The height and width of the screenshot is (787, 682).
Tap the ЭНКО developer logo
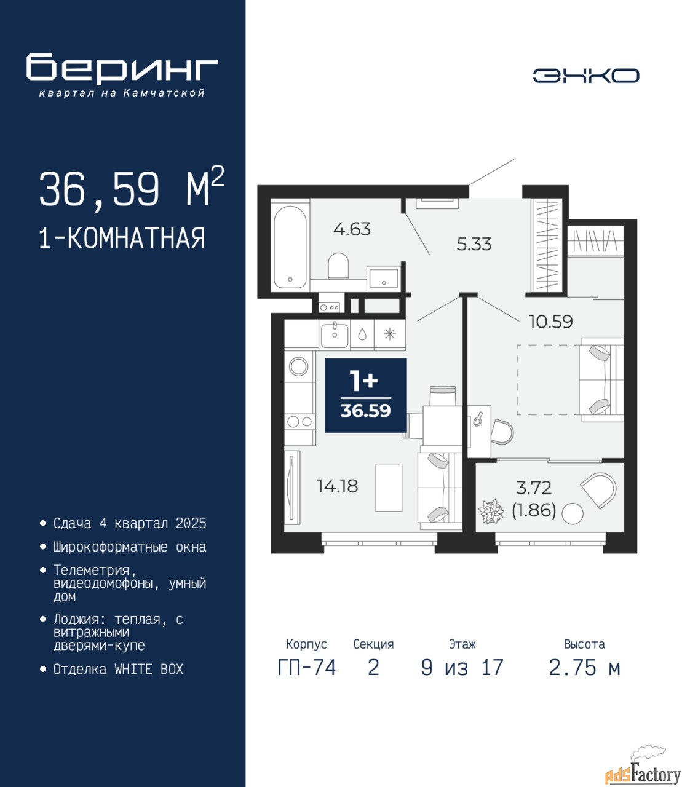pos(585,76)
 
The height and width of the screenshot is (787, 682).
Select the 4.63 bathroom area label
pos(352,229)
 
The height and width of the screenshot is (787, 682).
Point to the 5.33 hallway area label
pos(474,244)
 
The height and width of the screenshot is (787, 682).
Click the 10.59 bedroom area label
pos(550,322)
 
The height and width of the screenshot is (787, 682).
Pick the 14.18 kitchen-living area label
pos(338,486)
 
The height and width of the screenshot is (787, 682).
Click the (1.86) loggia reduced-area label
pos(534,510)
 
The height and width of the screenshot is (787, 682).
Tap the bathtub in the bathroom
pos(290,247)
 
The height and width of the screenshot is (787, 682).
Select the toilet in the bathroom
pos(338,266)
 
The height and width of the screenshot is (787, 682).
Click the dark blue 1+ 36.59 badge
pos(365,395)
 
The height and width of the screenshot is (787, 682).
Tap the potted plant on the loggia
pos(491,512)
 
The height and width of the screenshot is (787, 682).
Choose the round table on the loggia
pos(573,513)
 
